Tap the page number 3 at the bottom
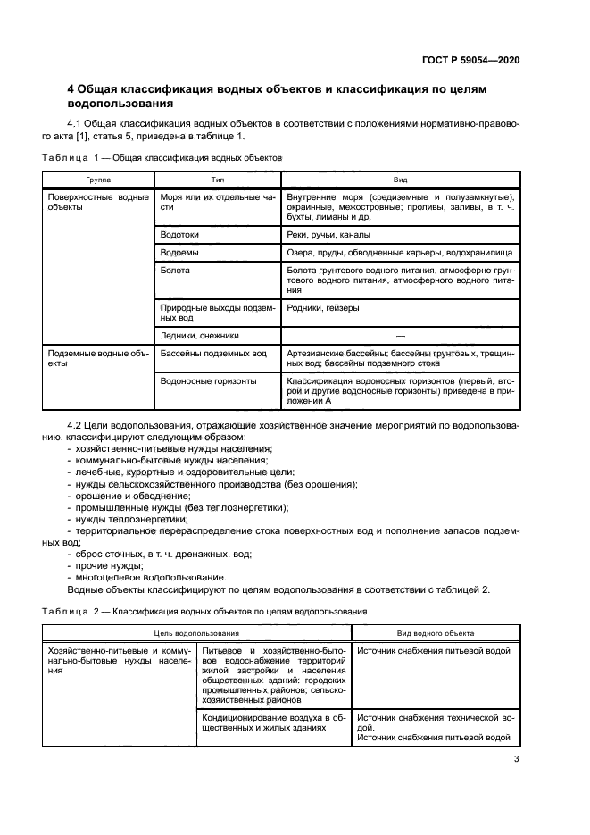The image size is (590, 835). click(x=517, y=760)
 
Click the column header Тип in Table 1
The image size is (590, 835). click(x=216, y=179)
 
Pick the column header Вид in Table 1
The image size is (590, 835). click(x=400, y=179)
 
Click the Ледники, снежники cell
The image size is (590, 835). click(x=199, y=336)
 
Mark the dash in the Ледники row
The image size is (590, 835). click(x=400, y=336)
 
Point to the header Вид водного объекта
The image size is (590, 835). click(x=435, y=632)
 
